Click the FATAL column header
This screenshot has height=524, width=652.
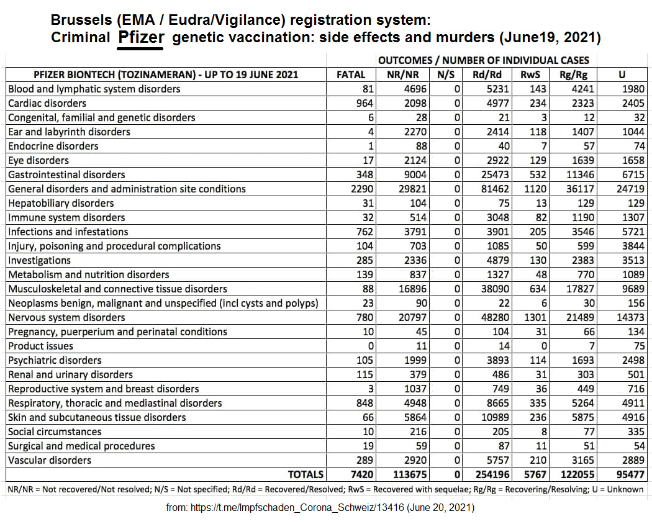coord(350,75)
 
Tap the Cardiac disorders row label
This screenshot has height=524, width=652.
coord(47,103)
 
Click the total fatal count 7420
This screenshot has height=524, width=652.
coord(361,474)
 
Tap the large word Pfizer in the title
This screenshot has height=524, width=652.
coord(141,37)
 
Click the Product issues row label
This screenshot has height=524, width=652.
coord(40,346)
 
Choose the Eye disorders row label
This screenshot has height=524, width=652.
coord(38,160)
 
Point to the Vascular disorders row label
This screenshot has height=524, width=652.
coord(50,460)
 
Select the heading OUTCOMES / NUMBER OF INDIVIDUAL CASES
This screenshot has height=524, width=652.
coord(484,60)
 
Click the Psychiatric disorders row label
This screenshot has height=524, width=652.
coord(55,360)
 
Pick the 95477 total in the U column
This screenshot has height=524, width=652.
coord(628,474)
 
